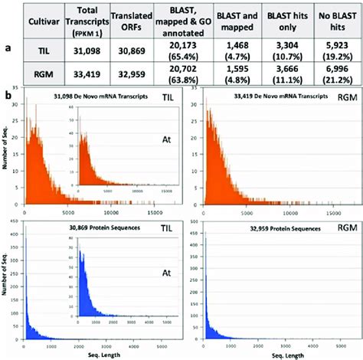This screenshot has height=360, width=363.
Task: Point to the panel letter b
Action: pos(8,96)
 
